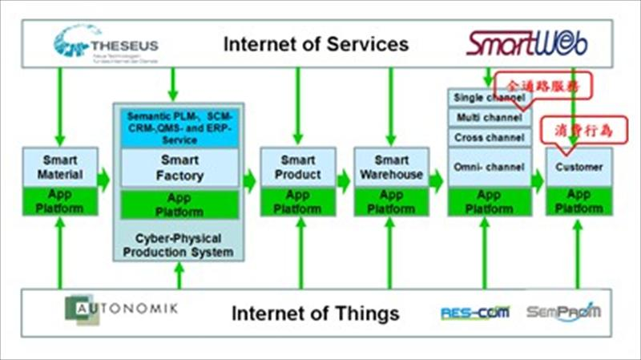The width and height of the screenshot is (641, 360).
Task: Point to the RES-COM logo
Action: click(x=474, y=312)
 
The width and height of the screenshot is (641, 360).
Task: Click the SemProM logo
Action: click(x=563, y=310)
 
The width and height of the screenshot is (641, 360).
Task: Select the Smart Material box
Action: click(x=60, y=167)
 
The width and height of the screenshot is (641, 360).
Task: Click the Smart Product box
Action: click(x=297, y=167)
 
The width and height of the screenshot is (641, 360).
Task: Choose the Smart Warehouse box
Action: click(x=391, y=167)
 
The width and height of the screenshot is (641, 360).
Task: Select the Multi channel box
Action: click(x=481, y=117)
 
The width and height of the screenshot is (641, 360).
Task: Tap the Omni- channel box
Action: click(x=489, y=167)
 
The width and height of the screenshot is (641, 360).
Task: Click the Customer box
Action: click(x=579, y=167)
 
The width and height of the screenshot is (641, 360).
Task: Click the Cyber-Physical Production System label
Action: click(x=179, y=245)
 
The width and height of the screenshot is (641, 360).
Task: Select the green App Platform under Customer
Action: click(x=579, y=201)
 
